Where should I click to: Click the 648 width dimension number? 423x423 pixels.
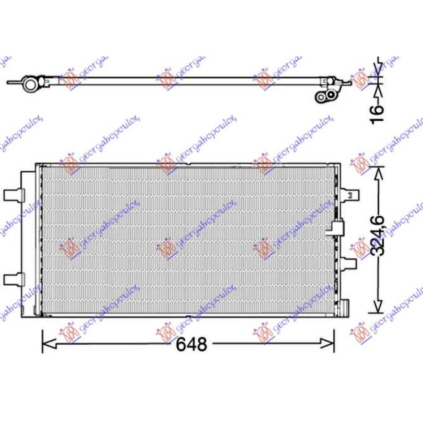coord(192,344)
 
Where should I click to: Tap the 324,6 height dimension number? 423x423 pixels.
coord(379,234)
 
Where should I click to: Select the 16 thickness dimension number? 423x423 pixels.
coord(378,109)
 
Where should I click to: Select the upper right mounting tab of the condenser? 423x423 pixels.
coord(349,194)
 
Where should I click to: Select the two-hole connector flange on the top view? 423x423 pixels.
coord(326,96)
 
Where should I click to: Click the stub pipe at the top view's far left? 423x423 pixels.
coord(13,83)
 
